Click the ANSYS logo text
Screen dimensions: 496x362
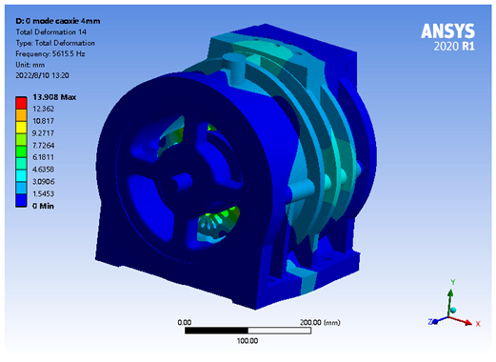[x=447, y=31]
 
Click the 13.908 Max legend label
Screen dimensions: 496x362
[x=54, y=97]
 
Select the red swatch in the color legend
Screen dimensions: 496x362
[x=21, y=103]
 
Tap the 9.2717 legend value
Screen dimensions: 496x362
[x=43, y=133]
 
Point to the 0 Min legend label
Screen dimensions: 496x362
[x=43, y=206]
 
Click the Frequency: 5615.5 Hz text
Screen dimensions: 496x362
[x=50, y=54]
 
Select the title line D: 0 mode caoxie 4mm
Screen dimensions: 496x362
[x=58, y=21]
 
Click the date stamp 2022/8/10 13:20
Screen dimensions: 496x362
[x=42, y=75]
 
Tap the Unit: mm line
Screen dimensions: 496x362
[x=30, y=65]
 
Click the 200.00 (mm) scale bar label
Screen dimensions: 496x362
[x=320, y=323]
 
